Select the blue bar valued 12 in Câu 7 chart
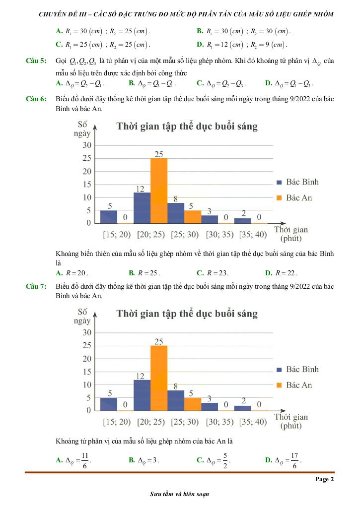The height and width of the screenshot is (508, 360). pos(142,395)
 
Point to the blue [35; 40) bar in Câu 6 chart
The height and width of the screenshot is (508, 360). pos(243,220)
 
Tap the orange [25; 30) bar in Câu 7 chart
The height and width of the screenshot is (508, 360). pos(193,404)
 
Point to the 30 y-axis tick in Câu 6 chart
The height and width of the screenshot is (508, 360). pos(86,145)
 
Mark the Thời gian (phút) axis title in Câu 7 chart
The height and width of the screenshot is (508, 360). pos(291,421)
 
